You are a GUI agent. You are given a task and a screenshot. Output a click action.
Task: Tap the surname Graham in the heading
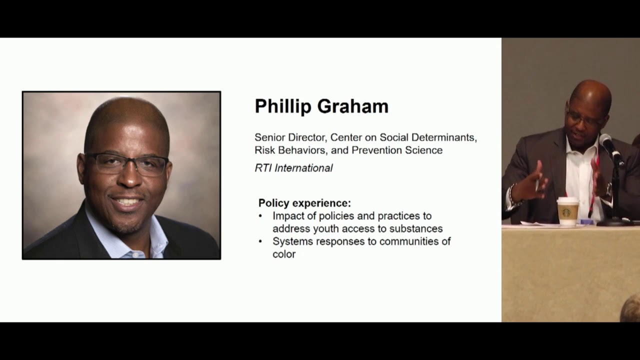[357, 106]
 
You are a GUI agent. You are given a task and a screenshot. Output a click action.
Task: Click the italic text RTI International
[293, 168]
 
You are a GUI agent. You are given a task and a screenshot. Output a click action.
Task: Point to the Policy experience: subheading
[304, 203]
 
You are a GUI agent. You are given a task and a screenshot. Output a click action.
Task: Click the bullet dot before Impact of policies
[260, 216]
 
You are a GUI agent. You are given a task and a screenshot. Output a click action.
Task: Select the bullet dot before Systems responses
[260, 241]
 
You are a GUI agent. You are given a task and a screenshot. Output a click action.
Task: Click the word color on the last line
[284, 254]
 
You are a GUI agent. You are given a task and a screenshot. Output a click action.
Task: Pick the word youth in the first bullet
[326, 228]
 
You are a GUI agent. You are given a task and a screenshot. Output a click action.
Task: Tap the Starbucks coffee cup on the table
[567, 211]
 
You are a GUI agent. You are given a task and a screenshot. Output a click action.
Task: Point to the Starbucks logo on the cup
[566, 212]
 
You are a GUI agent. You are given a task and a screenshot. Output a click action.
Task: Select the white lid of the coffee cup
[567, 200]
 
